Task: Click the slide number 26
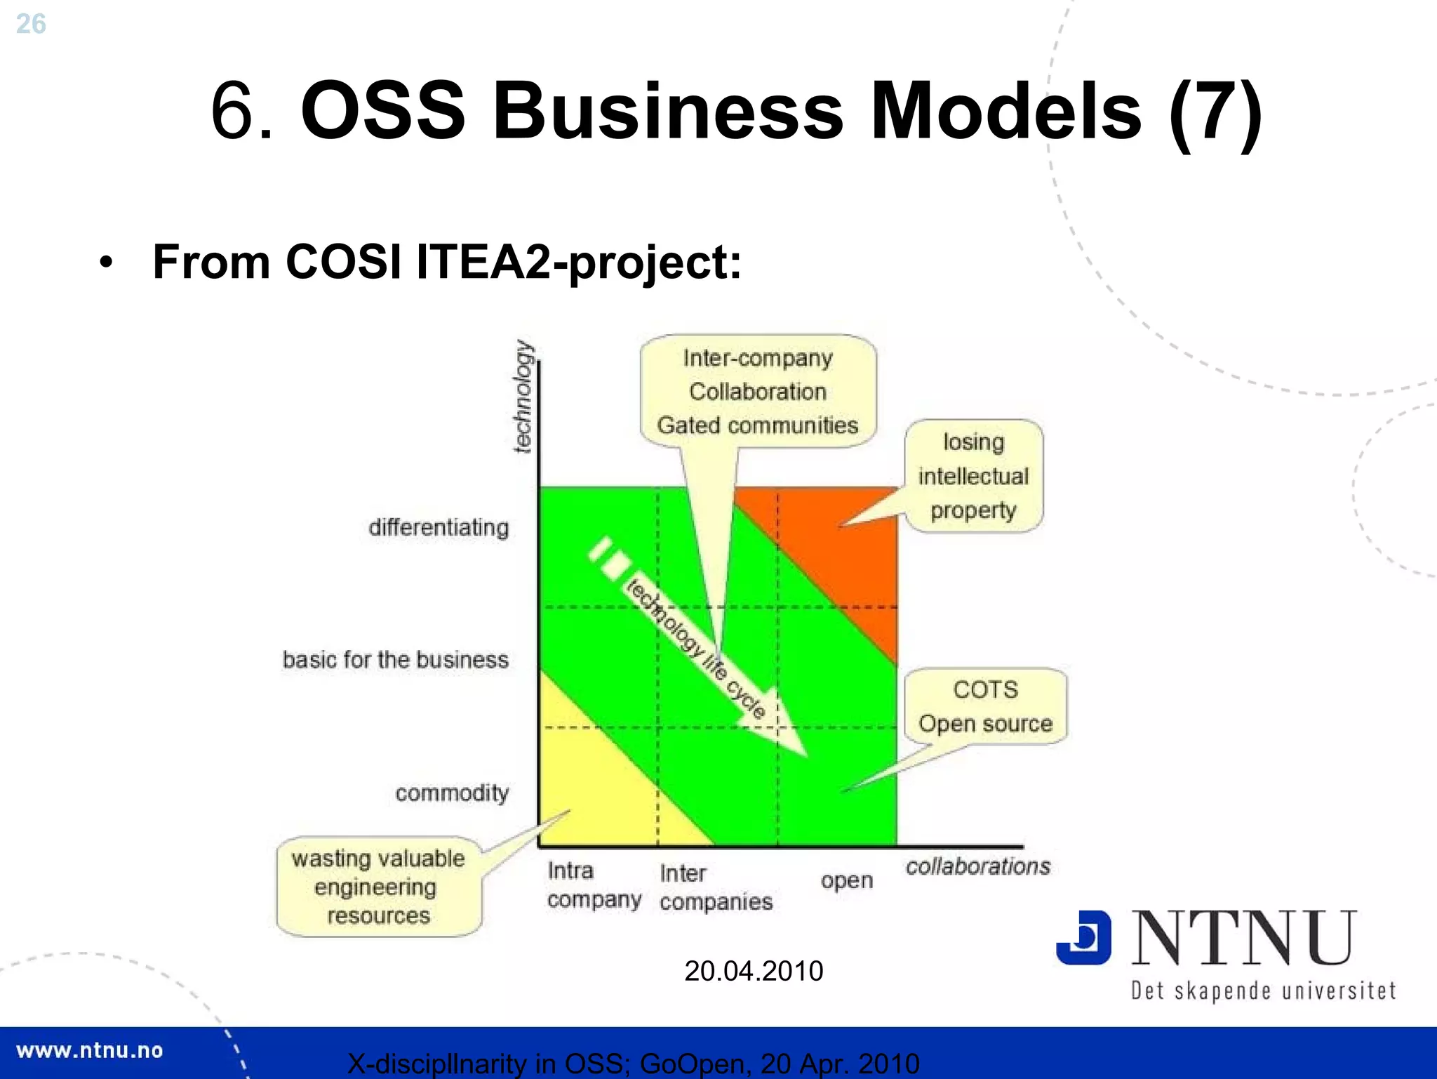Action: (x=31, y=25)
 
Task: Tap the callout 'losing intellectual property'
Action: (x=973, y=477)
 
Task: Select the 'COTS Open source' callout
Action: (x=985, y=706)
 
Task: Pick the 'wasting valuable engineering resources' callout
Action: (x=378, y=887)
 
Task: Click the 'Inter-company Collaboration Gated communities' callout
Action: (x=758, y=392)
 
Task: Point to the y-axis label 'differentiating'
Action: (x=439, y=527)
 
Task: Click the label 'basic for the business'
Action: (x=395, y=660)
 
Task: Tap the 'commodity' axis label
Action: (x=452, y=793)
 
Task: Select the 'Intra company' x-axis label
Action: (x=594, y=885)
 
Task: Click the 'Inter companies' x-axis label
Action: (x=715, y=887)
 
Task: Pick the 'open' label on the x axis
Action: (x=846, y=880)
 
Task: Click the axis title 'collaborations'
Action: (x=977, y=866)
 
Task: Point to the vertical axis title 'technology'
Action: (x=523, y=396)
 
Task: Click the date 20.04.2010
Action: (x=754, y=971)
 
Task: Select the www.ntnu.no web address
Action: (x=90, y=1051)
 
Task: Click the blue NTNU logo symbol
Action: (x=1083, y=937)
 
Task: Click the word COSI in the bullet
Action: (x=343, y=262)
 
